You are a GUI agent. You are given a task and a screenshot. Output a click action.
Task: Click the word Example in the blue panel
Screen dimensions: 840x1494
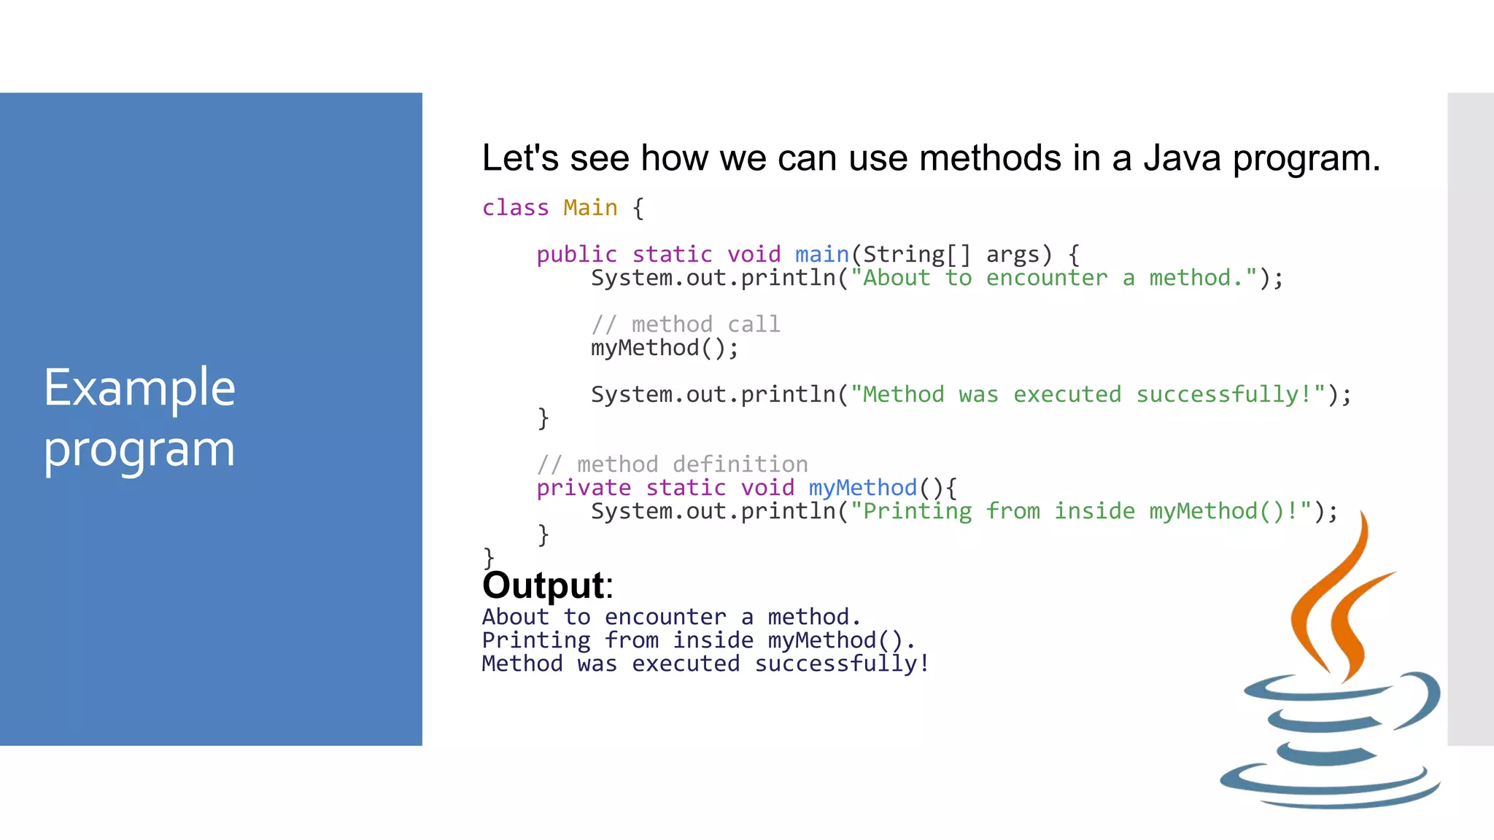139,388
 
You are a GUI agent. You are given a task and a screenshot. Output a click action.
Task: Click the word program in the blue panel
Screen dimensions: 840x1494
139,449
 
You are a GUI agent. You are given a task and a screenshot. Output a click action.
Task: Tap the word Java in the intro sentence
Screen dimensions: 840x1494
1182,158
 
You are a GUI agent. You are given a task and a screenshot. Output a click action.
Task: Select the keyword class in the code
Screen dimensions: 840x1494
515,208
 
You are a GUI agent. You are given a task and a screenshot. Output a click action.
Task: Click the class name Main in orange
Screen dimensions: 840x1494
590,208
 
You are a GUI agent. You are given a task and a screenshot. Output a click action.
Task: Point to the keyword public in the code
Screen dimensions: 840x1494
576,254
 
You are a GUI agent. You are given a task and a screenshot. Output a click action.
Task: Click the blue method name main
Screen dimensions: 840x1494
821,254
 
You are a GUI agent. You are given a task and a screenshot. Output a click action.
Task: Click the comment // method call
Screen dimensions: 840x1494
686,324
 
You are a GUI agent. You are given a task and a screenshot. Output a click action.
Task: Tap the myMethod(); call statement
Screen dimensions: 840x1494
664,348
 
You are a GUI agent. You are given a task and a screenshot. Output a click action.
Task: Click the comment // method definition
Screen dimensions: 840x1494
672,464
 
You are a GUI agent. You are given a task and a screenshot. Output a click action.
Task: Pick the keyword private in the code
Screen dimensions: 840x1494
584,488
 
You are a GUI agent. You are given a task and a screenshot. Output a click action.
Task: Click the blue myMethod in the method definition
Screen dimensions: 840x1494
862,488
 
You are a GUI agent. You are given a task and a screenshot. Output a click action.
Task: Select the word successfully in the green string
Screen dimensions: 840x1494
1217,394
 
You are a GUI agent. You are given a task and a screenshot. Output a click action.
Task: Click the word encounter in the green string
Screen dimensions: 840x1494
1046,278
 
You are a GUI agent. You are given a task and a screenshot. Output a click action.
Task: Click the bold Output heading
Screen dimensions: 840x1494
544,585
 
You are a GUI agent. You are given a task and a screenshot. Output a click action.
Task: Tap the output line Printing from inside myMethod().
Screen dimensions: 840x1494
698,640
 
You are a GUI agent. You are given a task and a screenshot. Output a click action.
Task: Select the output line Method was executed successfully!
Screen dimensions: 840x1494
705,664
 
